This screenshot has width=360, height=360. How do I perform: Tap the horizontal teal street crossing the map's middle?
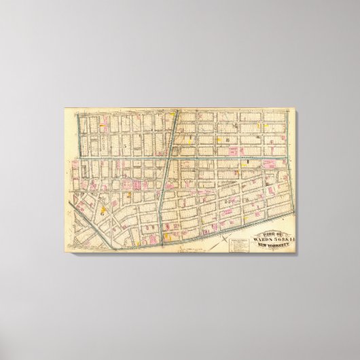(x=204, y=156)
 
